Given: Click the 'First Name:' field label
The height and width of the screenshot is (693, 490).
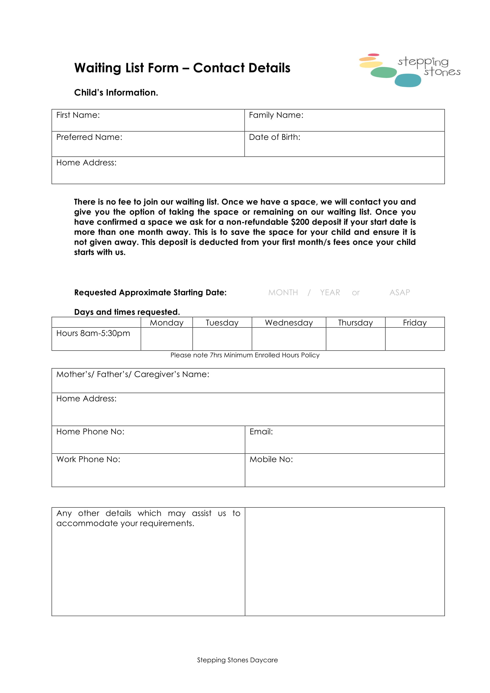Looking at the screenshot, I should [x=78, y=115].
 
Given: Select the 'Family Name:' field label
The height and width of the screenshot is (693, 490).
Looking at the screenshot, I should [x=276, y=115].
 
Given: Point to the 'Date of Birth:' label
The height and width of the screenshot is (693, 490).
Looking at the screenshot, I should [x=274, y=137].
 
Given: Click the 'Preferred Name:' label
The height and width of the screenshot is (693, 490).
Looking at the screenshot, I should [x=89, y=137].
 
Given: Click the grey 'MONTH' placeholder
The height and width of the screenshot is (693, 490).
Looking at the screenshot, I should [x=283, y=292].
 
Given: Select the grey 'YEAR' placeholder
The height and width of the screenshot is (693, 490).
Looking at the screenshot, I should [x=330, y=292].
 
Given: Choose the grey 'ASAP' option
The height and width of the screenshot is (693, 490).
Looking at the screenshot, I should [x=399, y=292].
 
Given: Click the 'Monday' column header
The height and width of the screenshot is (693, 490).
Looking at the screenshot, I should [x=167, y=323].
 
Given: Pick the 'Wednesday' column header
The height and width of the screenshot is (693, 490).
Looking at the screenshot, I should [x=289, y=323].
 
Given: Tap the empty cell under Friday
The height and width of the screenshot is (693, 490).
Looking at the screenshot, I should [x=414, y=339].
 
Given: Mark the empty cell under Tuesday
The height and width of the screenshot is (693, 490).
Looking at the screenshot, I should [x=222, y=339].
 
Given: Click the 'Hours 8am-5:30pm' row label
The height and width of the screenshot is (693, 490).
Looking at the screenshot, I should [x=93, y=333].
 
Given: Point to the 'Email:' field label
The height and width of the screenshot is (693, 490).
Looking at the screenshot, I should [x=261, y=432].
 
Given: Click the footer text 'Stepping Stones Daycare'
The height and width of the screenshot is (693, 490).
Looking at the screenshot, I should [x=237, y=660].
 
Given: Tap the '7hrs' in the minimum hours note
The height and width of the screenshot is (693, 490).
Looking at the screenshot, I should [x=216, y=355].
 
